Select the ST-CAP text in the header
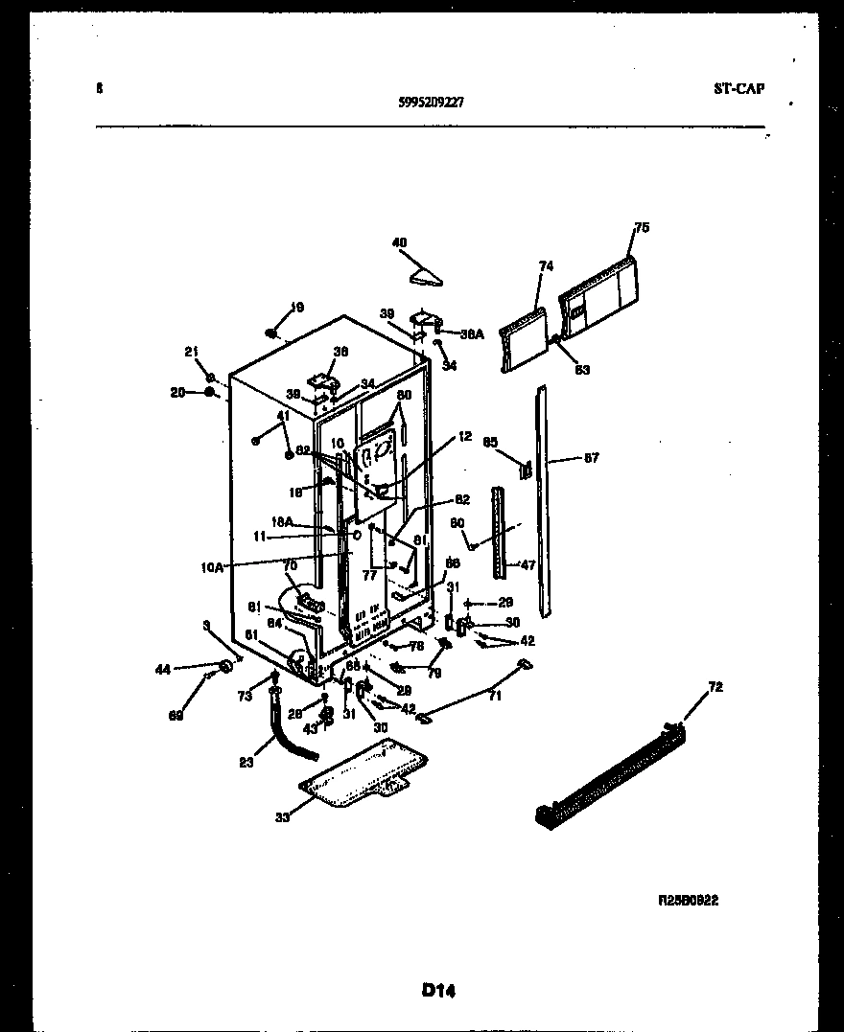pyautogui.click(x=738, y=88)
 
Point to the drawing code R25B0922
pyautogui.click(x=688, y=901)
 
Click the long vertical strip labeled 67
pyautogui.click(x=546, y=498)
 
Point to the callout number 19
pyautogui.click(x=296, y=308)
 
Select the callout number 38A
pyautogui.click(x=472, y=334)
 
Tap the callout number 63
pyautogui.click(x=582, y=370)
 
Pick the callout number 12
pyautogui.click(x=465, y=437)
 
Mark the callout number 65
pyautogui.click(x=490, y=443)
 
